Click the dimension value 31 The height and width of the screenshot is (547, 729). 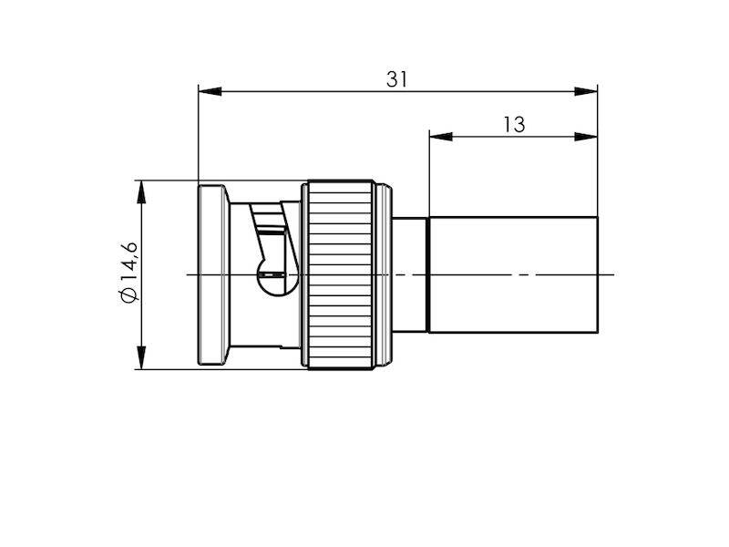click(x=396, y=79)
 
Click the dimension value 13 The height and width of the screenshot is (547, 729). click(x=514, y=125)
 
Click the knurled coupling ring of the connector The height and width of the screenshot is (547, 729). click(x=339, y=274)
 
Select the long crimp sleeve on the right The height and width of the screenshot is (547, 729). click(x=512, y=273)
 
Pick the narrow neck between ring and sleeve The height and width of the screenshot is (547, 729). click(x=410, y=273)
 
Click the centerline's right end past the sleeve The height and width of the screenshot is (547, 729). click(x=612, y=274)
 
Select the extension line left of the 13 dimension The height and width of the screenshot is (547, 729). click(x=429, y=173)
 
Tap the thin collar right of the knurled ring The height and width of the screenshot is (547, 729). click(x=384, y=273)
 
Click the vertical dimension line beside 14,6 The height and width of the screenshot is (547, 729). click(x=140, y=228)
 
